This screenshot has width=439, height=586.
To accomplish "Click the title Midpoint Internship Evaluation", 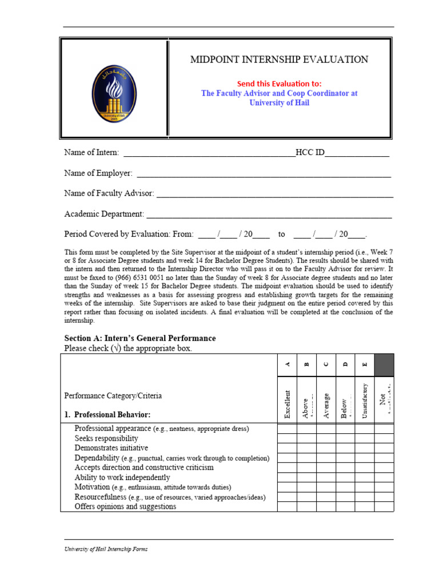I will tap(279, 60).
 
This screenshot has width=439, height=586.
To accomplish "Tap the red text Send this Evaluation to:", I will tap(279, 83).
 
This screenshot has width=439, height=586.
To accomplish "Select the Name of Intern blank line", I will tap(209, 153).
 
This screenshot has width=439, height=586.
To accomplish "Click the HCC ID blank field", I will tap(357, 153).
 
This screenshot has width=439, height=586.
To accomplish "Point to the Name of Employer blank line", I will tap(264, 173).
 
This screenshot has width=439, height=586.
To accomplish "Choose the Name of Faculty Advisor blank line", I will tap(274, 194).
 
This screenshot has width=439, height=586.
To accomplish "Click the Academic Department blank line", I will tap(269, 215).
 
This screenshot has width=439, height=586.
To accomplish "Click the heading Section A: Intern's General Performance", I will tap(140, 338).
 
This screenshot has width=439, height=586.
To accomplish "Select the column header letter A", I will tap(287, 365).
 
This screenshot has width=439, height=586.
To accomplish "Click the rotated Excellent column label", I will tap(287, 403).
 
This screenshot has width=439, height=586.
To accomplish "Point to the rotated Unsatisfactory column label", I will tap(365, 401).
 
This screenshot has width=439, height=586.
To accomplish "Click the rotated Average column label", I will tap(326, 405).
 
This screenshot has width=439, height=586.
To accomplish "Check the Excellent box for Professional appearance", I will tap(287, 429).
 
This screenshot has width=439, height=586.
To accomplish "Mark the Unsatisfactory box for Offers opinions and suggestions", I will tap(365, 506).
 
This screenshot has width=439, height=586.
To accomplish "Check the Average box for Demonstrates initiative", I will tap(326, 448).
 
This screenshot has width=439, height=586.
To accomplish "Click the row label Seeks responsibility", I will tap(106, 438).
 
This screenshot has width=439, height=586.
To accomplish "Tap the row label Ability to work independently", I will tap(122, 477).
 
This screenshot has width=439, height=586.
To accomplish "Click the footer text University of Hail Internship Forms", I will tap(106, 549).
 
